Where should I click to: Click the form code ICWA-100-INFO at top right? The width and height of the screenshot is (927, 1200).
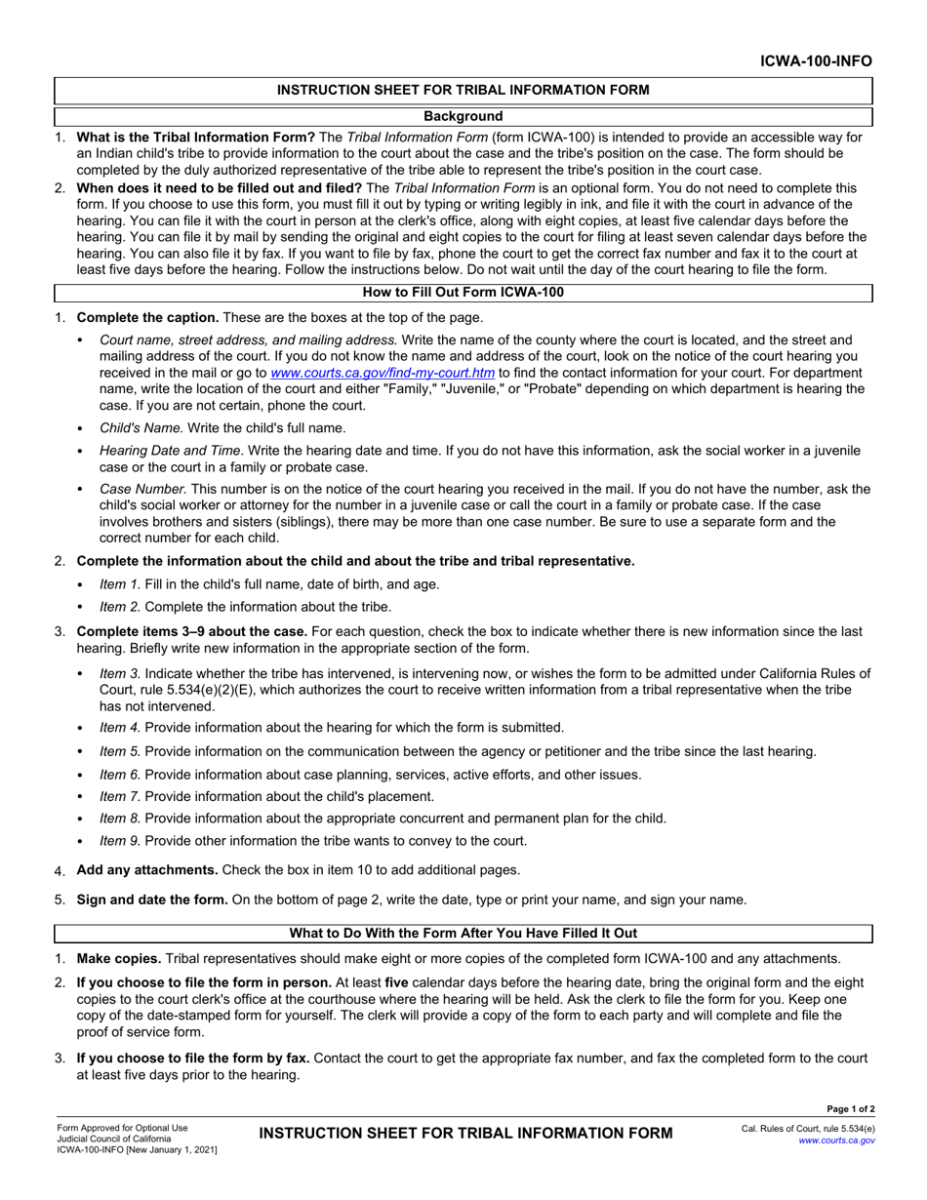[817, 61]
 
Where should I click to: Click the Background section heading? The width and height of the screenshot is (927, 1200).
[463, 116]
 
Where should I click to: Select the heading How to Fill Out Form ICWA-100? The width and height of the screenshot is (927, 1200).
[463, 292]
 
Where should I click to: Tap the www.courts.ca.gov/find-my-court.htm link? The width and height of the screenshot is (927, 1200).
[383, 373]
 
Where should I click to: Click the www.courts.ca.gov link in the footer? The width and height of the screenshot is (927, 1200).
[836, 1140]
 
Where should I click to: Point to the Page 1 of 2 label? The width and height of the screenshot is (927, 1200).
[850, 1108]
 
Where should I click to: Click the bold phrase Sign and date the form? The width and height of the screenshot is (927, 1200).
[152, 900]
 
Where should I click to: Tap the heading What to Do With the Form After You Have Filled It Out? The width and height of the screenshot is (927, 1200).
[463, 935]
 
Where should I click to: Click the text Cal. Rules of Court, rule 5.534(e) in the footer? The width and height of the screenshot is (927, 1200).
[808, 1128]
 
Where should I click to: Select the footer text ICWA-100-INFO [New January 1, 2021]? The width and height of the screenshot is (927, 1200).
[136, 1150]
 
